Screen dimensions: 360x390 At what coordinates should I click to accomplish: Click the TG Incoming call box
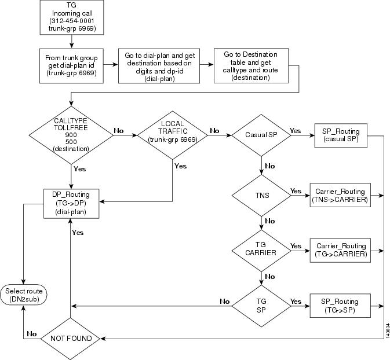(x=71, y=17)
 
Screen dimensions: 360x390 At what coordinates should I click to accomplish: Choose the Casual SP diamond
(x=261, y=135)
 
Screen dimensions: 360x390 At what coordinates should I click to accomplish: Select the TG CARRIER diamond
(x=261, y=250)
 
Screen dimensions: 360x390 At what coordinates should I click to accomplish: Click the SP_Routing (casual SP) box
(x=341, y=135)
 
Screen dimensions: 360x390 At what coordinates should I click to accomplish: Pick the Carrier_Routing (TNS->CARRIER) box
(x=341, y=195)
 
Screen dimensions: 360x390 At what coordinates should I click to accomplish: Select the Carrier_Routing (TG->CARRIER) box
(x=341, y=250)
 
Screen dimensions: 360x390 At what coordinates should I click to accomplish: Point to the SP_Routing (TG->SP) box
(x=341, y=306)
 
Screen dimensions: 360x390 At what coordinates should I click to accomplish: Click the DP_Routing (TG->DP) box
(x=71, y=203)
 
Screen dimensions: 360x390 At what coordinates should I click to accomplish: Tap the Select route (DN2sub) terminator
(x=23, y=294)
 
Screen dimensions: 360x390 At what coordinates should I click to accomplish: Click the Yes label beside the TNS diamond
(x=296, y=190)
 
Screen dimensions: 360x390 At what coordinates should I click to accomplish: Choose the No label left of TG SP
(x=224, y=301)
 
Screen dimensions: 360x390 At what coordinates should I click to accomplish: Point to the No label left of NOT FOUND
(x=32, y=333)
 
